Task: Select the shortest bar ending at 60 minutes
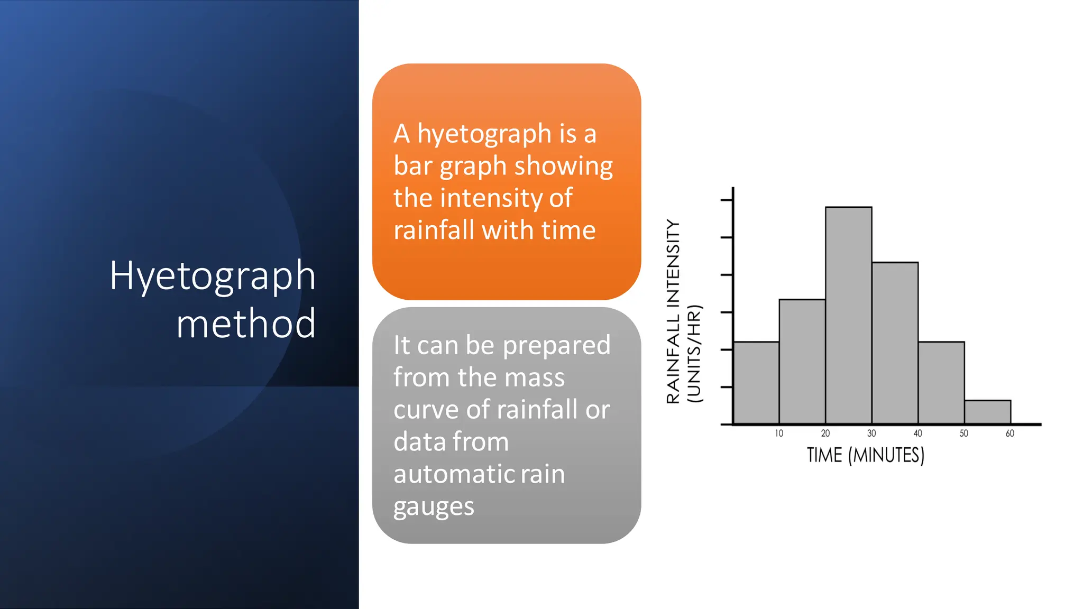[987, 412]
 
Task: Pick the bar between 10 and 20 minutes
[802, 362]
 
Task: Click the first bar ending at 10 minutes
[756, 383]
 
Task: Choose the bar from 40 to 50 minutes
[941, 383]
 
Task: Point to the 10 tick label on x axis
[779, 433]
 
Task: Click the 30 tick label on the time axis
[871, 433]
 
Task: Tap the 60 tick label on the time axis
[1010, 433]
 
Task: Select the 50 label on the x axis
[964, 433]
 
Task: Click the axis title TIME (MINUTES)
[865, 455]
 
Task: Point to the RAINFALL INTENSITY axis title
[673, 312]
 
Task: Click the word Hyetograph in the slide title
[213, 275]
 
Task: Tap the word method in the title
[246, 324]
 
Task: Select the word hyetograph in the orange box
[484, 134]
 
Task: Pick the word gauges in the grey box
[434, 507]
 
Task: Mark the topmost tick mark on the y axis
[727, 200]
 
